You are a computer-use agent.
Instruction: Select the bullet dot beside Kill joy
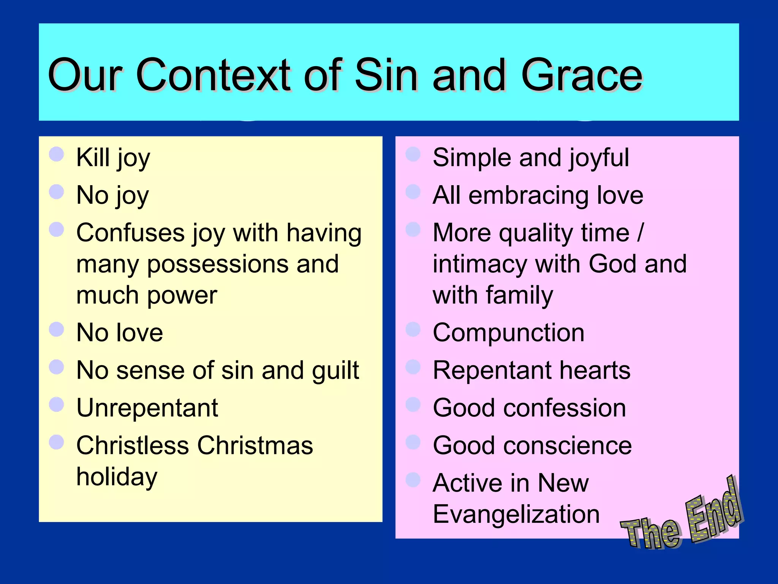(x=56, y=154)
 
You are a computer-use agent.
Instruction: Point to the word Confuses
(x=130, y=233)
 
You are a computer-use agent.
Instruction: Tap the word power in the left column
(x=182, y=295)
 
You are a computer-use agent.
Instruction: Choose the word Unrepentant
(x=147, y=408)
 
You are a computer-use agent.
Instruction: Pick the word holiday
(x=117, y=477)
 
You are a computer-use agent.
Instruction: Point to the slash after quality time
(x=640, y=233)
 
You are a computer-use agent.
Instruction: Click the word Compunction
(x=508, y=333)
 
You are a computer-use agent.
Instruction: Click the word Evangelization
(x=516, y=514)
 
